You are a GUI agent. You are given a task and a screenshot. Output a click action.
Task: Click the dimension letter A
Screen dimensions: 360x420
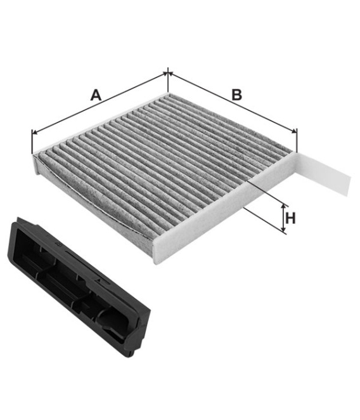96,95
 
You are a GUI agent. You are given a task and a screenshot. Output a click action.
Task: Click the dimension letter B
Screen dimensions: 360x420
236,95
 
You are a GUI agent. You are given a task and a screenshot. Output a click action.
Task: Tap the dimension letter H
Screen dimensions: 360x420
290,218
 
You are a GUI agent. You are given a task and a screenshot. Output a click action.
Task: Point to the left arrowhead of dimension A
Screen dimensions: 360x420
34,132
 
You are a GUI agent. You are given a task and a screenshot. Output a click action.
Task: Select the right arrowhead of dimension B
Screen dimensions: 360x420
295,131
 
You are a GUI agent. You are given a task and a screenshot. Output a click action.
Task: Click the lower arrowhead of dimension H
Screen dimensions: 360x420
283,229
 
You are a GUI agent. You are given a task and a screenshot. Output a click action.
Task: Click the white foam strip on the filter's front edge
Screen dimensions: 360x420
225,208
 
